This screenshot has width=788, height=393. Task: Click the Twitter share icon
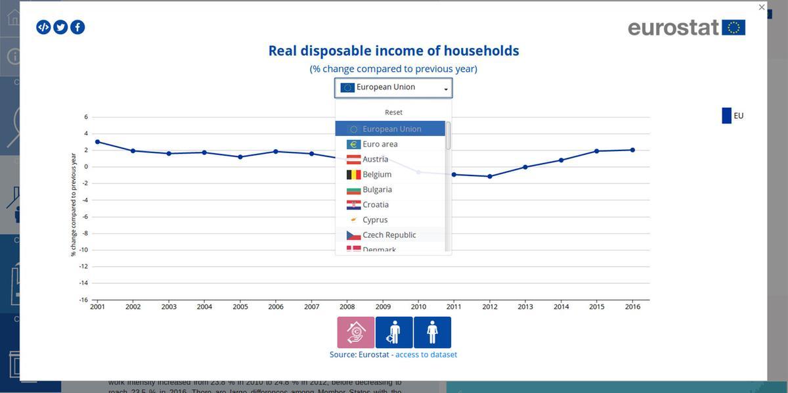coord(60,27)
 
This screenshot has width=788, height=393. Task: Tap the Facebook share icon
coord(77,27)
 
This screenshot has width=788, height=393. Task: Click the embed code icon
coord(43,27)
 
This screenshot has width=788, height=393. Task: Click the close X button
coord(762,7)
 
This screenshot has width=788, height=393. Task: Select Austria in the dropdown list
coord(375,159)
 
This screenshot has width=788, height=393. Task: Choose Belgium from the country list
coord(377,174)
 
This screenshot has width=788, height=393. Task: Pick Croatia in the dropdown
coord(376,204)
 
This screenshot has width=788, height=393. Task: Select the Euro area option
coord(380,144)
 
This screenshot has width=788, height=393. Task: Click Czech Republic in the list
coord(389,235)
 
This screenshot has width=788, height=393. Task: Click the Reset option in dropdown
coord(393,112)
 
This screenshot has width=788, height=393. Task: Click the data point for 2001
coord(97,142)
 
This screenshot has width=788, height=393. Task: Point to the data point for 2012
coord(489,176)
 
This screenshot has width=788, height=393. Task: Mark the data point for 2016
coord(632,150)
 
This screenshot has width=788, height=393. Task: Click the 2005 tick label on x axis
coord(240,307)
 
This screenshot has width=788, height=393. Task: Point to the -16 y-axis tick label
coord(84,300)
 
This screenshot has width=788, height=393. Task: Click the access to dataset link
coord(426,354)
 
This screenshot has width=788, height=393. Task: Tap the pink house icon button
coord(356,332)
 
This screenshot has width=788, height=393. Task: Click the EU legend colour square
coord(726,116)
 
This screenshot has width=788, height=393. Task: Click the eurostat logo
coord(686,28)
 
